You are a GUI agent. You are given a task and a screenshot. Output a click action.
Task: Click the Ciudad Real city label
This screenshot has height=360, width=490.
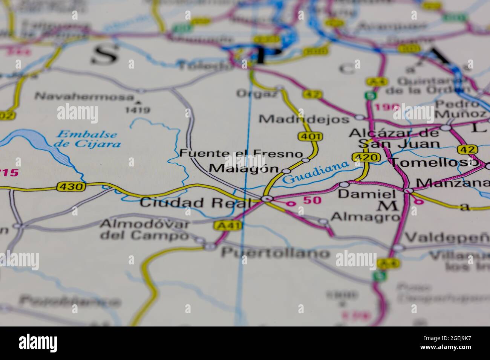point(194,203)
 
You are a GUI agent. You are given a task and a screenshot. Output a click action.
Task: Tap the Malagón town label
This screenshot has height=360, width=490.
point(244,169)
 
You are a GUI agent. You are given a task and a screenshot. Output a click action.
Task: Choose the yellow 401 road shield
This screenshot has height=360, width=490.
point(309,136)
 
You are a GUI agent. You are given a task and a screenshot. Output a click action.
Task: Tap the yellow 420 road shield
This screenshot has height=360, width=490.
point(365,157)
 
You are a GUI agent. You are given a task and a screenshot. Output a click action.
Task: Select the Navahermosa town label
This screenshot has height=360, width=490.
point(84,96)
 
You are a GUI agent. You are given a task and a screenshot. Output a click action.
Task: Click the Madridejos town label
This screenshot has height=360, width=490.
point(304,119)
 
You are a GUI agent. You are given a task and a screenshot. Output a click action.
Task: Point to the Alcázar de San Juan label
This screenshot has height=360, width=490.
point(394,138)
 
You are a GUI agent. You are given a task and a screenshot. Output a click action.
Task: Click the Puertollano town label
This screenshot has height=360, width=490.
point(275,252)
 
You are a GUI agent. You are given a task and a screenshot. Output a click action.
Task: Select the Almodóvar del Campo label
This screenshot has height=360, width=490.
point(144,230)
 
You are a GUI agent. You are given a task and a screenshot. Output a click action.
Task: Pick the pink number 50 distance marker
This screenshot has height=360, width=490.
point(312,200)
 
